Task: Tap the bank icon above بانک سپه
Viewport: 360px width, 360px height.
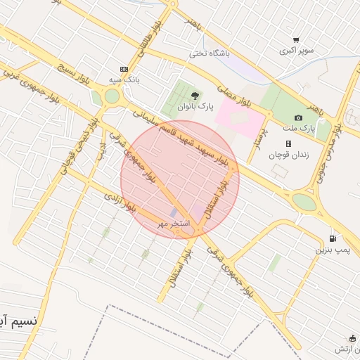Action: (x=124, y=69)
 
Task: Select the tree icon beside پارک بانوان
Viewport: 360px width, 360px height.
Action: (x=195, y=96)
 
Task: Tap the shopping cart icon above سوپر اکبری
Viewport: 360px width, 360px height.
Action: (x=297, y=40)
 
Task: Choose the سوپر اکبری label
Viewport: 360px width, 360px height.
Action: (x=296, y=51)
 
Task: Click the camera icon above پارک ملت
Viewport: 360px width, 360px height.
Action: (x=299, y=117)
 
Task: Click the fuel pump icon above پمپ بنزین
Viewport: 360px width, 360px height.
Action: (x=332, y=238)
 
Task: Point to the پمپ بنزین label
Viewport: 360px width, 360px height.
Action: (x=331, y=250)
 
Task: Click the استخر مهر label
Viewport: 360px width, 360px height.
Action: (x=173, y=223)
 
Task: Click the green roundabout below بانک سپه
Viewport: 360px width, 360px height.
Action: (x=112, y=96)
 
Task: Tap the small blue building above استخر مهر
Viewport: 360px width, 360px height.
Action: (x=174, y=212)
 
